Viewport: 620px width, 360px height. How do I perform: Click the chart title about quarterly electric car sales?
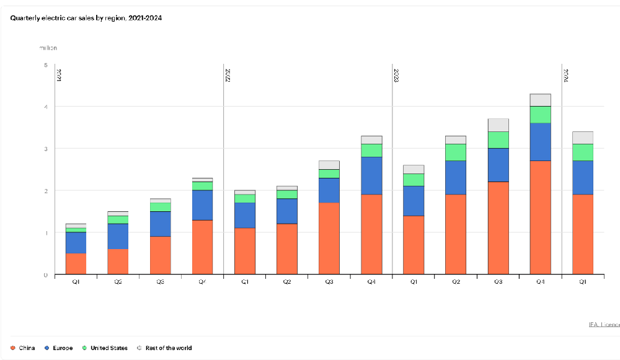[86, 17]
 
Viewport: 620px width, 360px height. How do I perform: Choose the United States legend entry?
[105, 348]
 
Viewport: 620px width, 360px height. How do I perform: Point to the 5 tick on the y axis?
[45, 65]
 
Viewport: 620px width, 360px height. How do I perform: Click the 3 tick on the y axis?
[45, 149]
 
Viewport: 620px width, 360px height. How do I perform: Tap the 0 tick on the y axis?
[45, 274]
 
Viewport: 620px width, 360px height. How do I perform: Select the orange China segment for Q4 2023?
[540, 217]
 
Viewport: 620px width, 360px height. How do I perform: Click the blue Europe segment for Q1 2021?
[76, 243]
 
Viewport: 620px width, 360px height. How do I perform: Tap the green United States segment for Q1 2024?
[582, 152]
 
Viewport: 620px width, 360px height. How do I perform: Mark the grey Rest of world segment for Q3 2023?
[498, 125]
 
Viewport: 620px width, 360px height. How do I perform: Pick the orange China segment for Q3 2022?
[329, 239]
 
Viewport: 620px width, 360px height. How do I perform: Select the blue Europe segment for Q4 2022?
[371, 175]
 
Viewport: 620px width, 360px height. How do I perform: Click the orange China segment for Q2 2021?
[118, 261]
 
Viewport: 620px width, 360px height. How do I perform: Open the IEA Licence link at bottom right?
[603, 325]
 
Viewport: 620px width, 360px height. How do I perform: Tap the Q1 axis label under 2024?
[582, 282]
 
